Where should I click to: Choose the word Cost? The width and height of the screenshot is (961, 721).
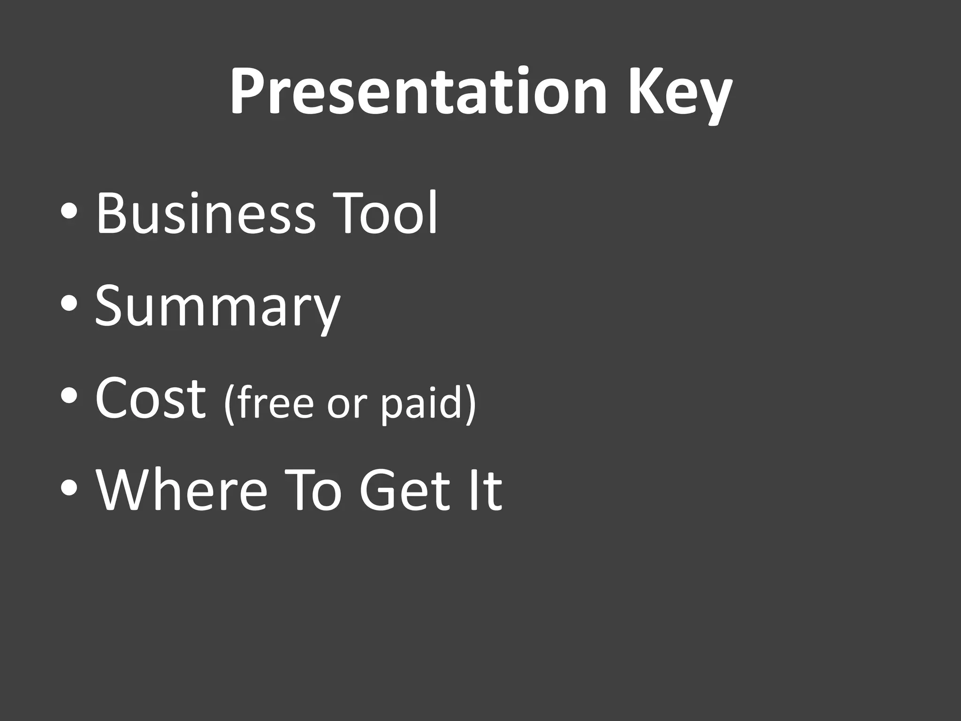point(151,399)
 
